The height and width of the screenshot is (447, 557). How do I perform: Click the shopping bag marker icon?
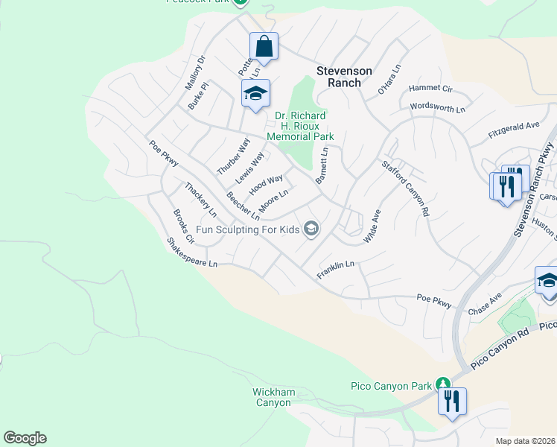tap(264, 46)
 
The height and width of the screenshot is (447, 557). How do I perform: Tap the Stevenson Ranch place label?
tap(344, 77)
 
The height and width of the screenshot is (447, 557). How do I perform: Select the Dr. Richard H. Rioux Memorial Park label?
tap(300, 126)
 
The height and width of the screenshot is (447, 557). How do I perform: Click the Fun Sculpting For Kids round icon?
tap(312, 229)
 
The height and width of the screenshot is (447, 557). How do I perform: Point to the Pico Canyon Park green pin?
tap(445, 383)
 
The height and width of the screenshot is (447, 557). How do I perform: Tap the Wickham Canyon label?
tap(274, 397)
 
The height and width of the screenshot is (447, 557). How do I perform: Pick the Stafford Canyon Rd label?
tap(406, 189)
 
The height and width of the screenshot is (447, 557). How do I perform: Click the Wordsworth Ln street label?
tap(437, 108)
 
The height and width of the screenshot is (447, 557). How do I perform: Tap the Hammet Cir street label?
tap(430, 89)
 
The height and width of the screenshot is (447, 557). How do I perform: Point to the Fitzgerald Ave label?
tap(513, 130)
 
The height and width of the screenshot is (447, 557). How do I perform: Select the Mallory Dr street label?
tap(195, 73)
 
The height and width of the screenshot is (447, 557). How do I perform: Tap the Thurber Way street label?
tap(233, 156)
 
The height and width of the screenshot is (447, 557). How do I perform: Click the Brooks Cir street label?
tap(183, 228)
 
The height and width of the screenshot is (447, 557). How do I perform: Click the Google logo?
tap(25, 438)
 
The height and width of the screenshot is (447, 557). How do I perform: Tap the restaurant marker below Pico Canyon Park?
tap(452, 402)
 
